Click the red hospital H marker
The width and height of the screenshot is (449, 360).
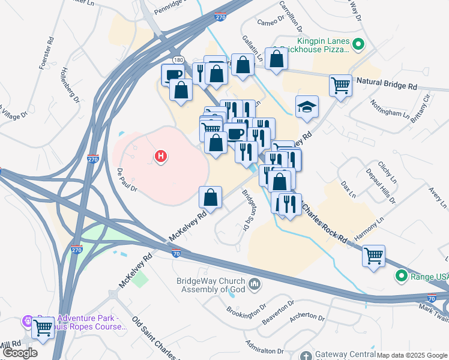tap(160, 157)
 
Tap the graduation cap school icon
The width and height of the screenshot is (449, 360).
tap(307, 107)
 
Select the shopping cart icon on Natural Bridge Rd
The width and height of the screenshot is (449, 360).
tap(340, 85)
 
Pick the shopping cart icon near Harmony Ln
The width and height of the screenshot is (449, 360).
tap(373, 255)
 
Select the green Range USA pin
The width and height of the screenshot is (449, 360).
tap(401, 276)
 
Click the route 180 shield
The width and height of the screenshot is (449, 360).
tap(179, 60)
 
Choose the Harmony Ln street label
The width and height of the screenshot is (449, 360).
tap(369, 230)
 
